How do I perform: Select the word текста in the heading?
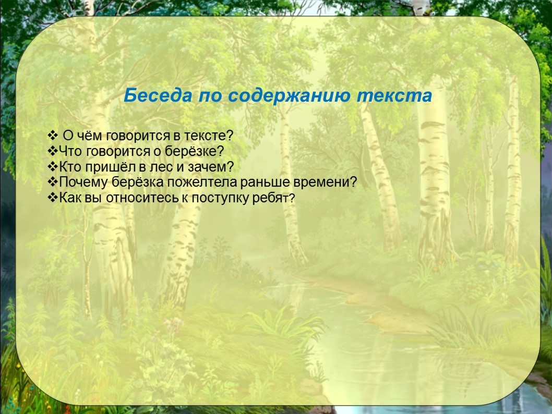394,95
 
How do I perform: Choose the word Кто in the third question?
70,166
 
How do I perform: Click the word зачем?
210,167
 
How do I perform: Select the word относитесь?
142,198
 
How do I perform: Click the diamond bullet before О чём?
52,135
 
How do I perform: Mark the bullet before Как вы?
53,198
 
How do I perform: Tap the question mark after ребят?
292,199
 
